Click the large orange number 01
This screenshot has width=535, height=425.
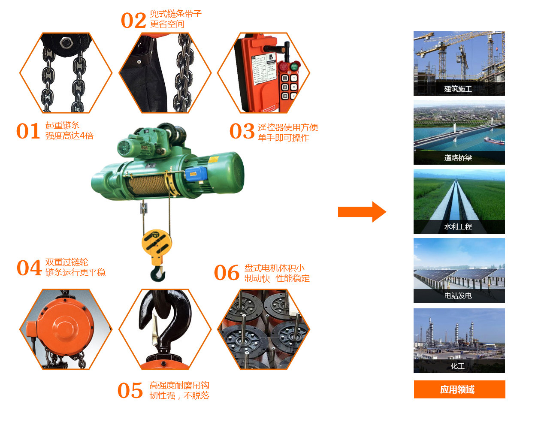coord(28,131)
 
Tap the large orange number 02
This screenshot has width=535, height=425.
coord(133,20)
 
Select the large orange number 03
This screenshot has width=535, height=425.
coord(242,131)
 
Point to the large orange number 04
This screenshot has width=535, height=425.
coord(29,268)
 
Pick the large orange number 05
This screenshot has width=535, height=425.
coord(130,390)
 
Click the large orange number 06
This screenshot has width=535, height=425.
coord(227,273)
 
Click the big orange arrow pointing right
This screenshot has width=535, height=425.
coord(362,212)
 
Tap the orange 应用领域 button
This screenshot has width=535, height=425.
coord(459,389)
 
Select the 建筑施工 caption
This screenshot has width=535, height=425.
coord(458,89)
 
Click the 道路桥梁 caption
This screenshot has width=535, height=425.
coord(458,157)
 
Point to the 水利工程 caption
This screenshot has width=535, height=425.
coord(458,227)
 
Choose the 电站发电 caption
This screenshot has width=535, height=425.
coord(458,296)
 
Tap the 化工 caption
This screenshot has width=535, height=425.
coord(458,366)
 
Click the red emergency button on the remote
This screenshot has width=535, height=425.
coord(284,66)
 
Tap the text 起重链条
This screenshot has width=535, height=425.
coord(62,125)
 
